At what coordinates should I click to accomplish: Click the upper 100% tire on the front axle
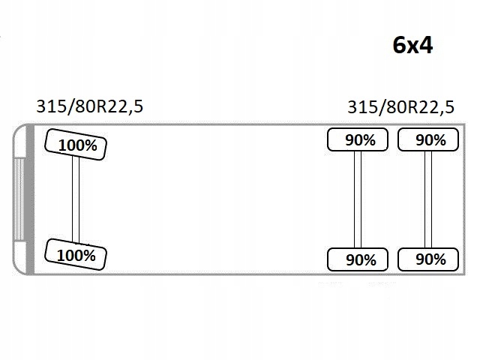coord(76,145)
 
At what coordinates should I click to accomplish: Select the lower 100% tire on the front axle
coord(76,254)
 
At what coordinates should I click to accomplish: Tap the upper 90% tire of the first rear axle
coord(358,139)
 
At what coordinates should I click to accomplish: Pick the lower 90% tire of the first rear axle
coord(358,259)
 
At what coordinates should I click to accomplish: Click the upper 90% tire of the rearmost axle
coord(428,139)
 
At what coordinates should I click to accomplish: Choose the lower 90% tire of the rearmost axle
coord(428,259)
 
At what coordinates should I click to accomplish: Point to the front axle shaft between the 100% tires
coord(76,199)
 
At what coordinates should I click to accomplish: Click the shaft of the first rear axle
coord(358,199)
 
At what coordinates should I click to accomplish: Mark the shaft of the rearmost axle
coord(428,199)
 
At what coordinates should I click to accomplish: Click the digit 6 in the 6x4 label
coord(399,45)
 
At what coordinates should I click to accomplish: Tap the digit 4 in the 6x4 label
coord(426,45)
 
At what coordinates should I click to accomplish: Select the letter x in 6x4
coord(412,47)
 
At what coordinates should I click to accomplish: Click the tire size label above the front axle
coord(90,106)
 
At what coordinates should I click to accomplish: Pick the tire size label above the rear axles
coord(401,107)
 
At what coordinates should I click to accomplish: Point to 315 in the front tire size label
coord(52,106)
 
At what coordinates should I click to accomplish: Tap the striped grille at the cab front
coord(19,199)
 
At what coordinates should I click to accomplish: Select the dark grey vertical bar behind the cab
coord(30,199)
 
